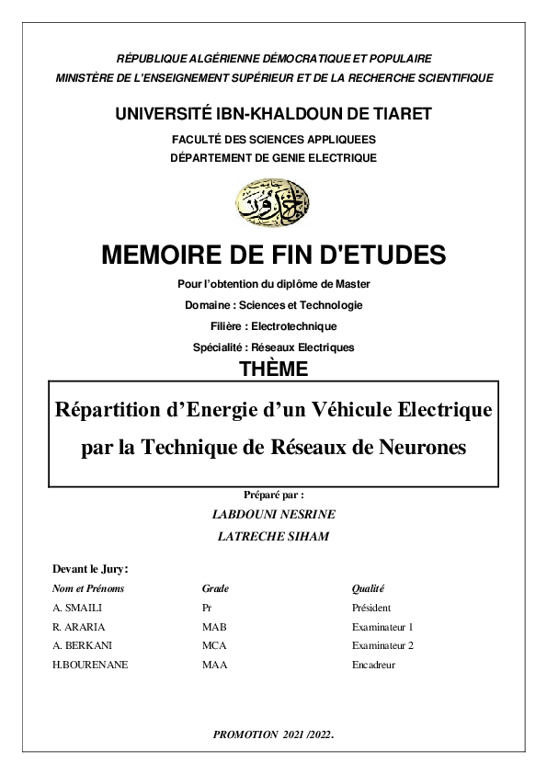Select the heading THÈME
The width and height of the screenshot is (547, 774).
(x=273, y=370)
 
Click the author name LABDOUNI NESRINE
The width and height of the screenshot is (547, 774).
(x=273, y=514)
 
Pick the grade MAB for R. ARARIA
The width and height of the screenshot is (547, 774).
(x=213, y=627)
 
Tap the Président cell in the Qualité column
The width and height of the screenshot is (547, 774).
(x=371, y=608)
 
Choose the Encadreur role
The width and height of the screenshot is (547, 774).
(x=373, y=665)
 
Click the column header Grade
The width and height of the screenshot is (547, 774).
(x=215, y=588)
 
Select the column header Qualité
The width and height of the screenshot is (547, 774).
(x=368, y=588)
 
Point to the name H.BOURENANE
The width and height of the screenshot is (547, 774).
(x=91, y=665)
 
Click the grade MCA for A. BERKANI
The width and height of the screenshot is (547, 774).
(x=214, y=645)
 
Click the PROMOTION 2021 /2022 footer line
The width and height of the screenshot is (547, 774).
(x=272, y=734)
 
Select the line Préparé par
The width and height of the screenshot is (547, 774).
(x=273, y=495)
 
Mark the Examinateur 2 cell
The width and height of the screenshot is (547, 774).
(x=382, y=645)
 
